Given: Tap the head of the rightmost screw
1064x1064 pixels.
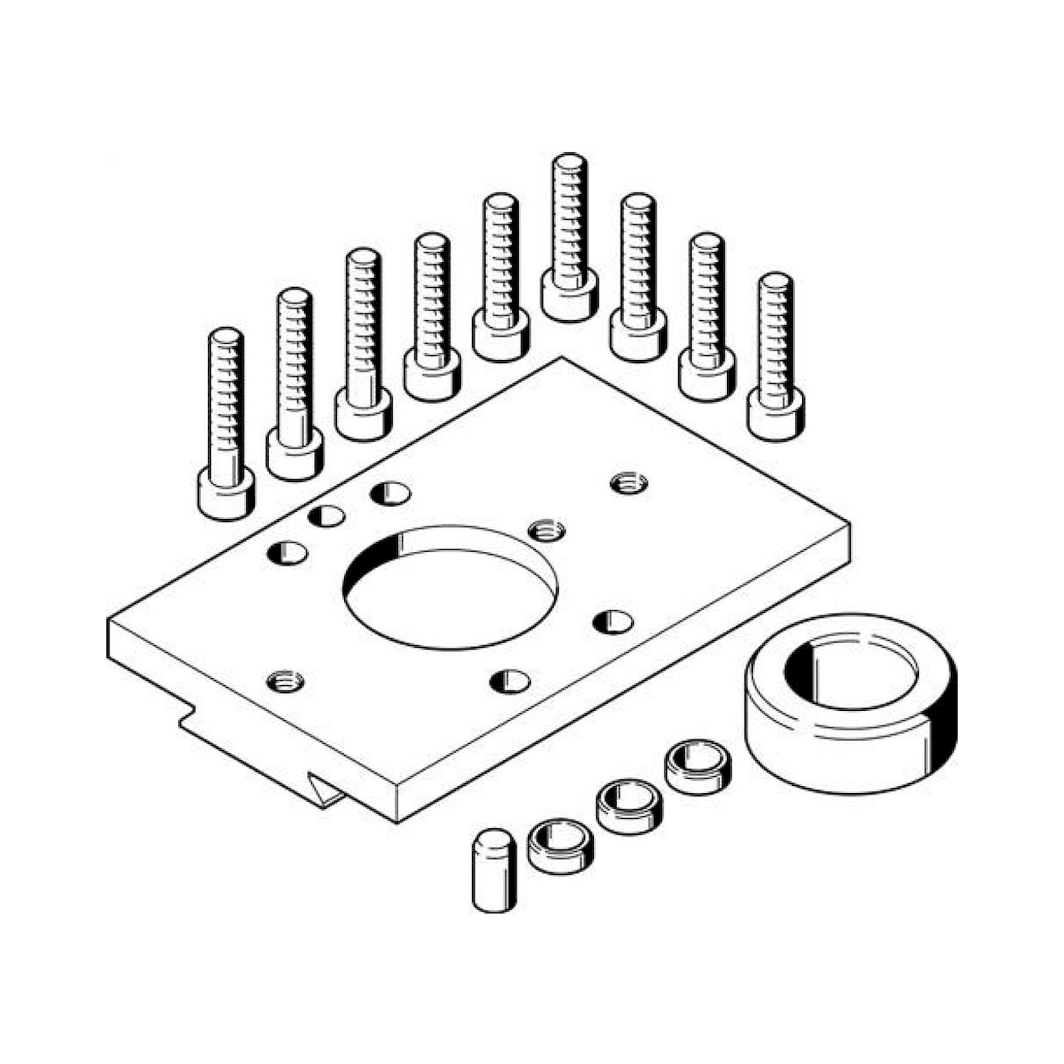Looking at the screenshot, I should pyautogui.click(x=775, y=418).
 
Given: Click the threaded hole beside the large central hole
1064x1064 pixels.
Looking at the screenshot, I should pyautogui.click(x=546, y=530).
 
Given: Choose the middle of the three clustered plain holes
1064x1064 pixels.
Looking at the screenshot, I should pyautogui.click(x=327, y=517).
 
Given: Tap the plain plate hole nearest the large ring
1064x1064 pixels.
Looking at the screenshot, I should pyautogui.click(x=613, y=622).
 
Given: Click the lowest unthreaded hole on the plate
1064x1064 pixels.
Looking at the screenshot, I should pyautogui.click(x=510, y=682).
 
